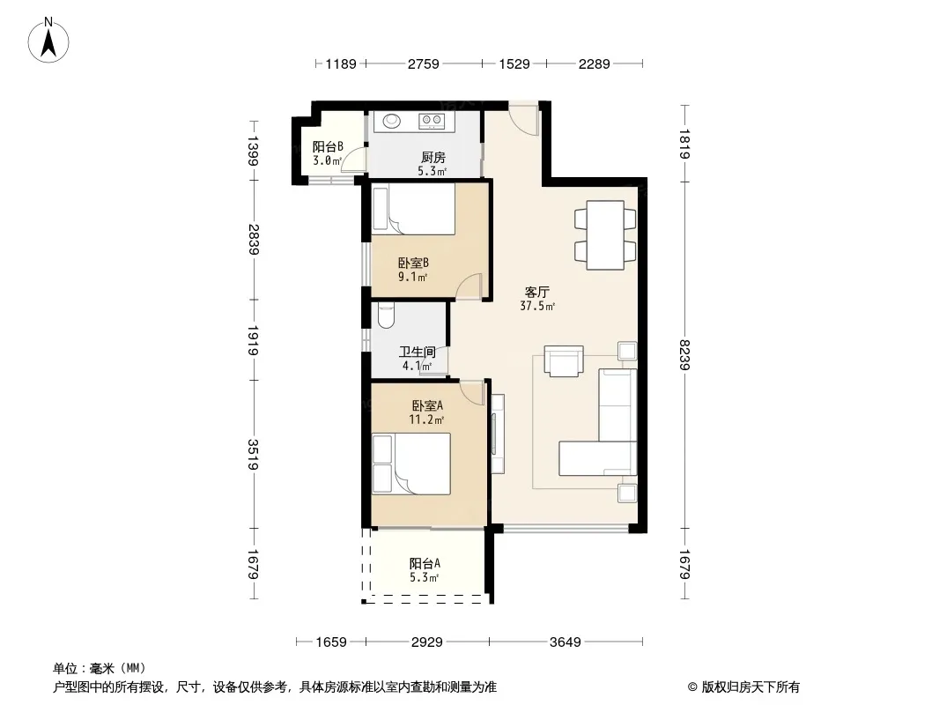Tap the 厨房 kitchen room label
(433, 158)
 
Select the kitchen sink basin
(392, 121)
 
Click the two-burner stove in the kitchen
(431, 122)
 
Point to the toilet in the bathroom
(387, 315)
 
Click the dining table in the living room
(605, 234)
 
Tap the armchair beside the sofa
(564, 360)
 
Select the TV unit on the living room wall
(497, 433)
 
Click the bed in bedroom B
(413, 209)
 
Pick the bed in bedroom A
(410, 464)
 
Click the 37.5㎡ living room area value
(537, 306)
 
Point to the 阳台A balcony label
(425, 563)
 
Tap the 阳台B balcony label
(328, 146)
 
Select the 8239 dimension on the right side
(685, 354)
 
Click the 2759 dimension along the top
(424, 63)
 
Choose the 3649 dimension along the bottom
(566, 642)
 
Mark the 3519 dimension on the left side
(254, 455)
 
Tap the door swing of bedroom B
(469, 286)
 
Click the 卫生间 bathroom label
(417, 352)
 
